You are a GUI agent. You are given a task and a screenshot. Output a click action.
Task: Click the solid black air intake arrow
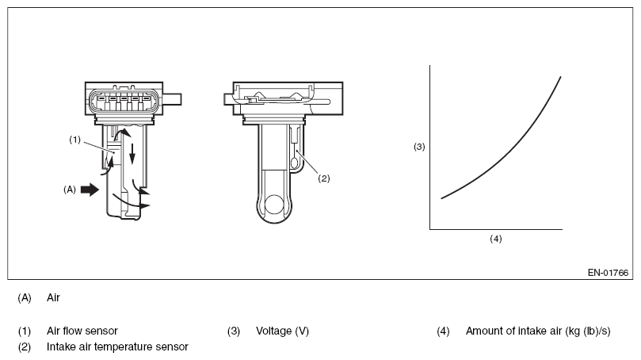(91, 190)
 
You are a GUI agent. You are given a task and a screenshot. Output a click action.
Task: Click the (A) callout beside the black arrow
(71, 190)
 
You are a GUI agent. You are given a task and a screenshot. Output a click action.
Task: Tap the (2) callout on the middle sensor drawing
(323, 178)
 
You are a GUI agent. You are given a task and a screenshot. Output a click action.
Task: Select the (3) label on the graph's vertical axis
(420, 147)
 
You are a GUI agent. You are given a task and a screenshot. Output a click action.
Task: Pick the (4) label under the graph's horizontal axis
(496, 238)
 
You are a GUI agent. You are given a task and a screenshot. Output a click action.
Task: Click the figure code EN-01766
(609, 270)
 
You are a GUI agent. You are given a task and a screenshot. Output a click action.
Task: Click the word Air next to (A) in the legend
(54, 298)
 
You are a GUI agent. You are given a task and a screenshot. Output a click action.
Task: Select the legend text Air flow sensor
(82, 331)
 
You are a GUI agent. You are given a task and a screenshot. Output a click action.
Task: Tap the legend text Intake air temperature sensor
(117, 347)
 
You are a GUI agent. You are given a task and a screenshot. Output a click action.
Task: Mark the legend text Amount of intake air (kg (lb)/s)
(538, 331)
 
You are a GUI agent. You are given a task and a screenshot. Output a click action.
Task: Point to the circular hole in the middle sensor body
(275, 207)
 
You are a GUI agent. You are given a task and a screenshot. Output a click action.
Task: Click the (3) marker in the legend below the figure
(233, 331)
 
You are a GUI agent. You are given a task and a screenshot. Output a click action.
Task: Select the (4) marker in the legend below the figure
(443, 331)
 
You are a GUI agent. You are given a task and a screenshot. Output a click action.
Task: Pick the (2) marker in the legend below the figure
(25, 347)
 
